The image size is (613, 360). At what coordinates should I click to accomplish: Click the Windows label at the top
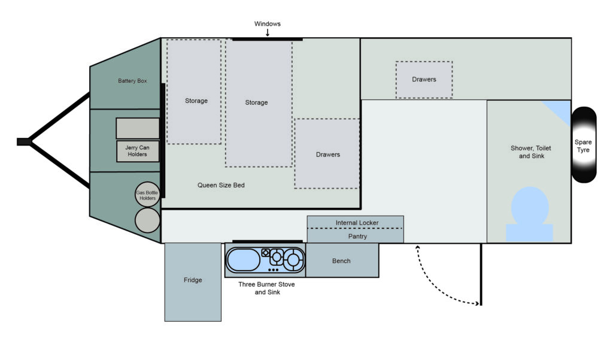(x=268, y=24)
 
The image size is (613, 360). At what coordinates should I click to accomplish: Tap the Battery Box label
(x=132, y=81)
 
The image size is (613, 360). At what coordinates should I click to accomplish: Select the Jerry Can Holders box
(x=138, y=151)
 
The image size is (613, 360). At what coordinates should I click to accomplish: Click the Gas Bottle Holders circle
(x=147, y=195)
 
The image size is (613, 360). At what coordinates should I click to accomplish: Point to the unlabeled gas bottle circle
(x=147, y=220)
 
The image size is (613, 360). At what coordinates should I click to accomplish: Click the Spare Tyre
(x=584, y=145)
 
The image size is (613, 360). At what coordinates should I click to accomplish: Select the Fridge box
(x=193, y=282)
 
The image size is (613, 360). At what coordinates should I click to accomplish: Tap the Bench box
(x=342, y=260)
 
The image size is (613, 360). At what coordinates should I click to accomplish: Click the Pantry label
(x=357, y=237)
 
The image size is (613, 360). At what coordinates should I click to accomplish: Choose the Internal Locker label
(x=357, y=223)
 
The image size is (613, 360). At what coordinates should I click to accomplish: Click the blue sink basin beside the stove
(x=243, y=260)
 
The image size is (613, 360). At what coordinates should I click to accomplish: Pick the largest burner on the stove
(x=293, y=259)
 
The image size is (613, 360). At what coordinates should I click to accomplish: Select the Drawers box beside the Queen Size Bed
(x=327, y=154)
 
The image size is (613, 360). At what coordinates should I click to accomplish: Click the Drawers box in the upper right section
(x=424, y=80)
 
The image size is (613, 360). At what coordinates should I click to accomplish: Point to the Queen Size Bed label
(x=221, y=185)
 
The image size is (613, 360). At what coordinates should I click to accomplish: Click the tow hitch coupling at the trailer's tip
(x=24, y=141)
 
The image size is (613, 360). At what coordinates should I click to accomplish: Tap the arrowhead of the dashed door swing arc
(x=477, y=303)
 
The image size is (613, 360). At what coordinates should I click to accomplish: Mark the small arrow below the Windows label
(x=268, y=33)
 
